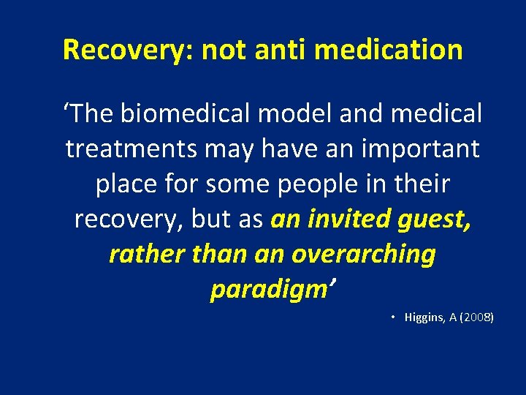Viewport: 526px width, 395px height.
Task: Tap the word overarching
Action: point(363,255)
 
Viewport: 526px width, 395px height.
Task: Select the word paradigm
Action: point(267,290)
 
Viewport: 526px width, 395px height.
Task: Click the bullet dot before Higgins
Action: point(392,317)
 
